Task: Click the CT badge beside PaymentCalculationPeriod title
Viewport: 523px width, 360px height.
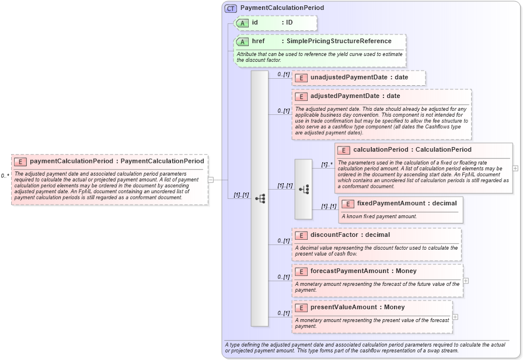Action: (x=231, y=8)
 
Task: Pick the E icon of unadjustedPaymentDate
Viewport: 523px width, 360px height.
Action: (x=301, y=78)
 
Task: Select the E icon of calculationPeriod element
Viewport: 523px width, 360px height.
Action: (x=344, y=150)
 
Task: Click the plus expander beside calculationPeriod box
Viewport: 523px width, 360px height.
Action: (x=515, y=168)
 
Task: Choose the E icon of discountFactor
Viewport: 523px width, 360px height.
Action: (x=301, y=235)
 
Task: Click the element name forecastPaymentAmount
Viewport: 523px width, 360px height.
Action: (x=349, y=271)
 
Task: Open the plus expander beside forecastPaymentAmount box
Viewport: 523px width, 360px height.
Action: (x=466, y=281)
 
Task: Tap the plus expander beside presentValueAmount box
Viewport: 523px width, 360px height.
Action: (x=455, y=317)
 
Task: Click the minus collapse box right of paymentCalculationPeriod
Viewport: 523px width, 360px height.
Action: (x=211, y=180)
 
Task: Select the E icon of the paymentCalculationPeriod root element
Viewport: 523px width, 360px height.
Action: (x=20, y=162)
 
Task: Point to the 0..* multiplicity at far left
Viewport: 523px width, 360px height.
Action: (x=5, y=176)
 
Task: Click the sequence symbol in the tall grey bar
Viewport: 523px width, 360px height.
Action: (x=260, y=199)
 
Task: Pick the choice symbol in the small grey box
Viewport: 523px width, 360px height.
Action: (x=304, y=189)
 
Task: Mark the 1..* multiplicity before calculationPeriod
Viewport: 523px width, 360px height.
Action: (x=327, y=165)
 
